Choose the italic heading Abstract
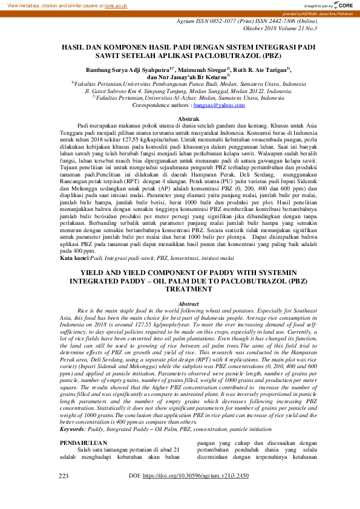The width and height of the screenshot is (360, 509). coord(179,303)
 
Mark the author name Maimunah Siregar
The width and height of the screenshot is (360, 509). coord(204,70)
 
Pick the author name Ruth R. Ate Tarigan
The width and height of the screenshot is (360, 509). coord(261,70)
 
